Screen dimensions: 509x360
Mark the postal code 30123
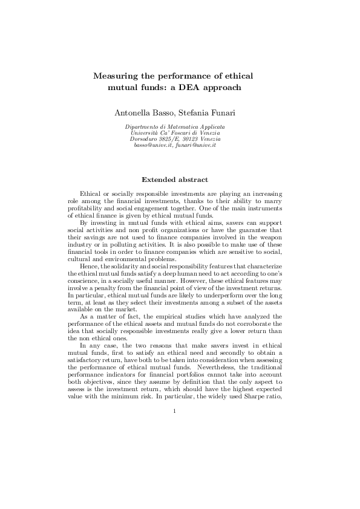point(192,139)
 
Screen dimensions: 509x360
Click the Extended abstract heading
point(175,180)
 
